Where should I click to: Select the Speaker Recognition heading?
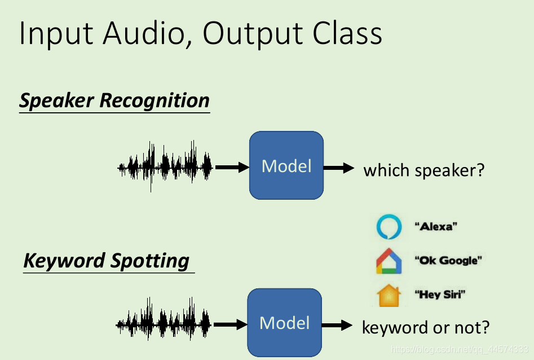click(x=114, y=101)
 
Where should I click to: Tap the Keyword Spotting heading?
click(x=107, y=261)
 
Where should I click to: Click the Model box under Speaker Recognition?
click(x=286, y=165)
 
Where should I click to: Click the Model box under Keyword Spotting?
click(x=284, y=323)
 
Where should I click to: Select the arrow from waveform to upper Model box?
click(x=232, y=167)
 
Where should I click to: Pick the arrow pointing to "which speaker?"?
click(x=339, y=168)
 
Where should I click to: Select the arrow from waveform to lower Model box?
click(x=230, y=324)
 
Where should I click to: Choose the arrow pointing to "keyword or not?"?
click(x=337, y=325)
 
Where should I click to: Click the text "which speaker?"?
click(x=423, y=169)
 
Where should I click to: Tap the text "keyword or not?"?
click(x=426, y=327)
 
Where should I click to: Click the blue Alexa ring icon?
click(x=389, y=227)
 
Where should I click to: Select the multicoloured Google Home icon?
click(x=389, y=261)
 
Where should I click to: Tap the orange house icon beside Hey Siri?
click(x=389, y=295)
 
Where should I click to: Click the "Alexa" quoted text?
click(x=436, y=227)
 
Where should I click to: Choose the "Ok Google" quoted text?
click(x=449, y=261)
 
